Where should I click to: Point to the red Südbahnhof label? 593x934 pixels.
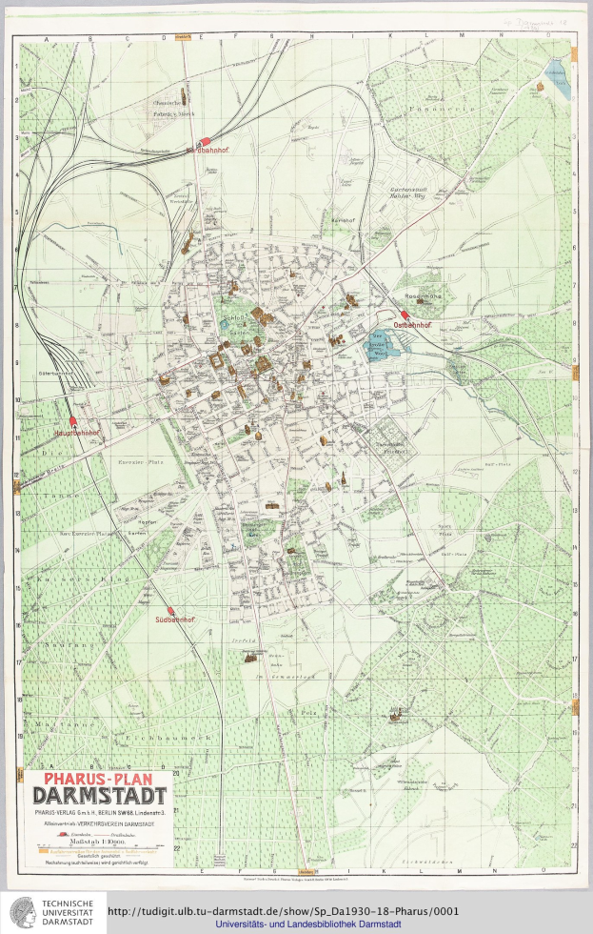(174, 619)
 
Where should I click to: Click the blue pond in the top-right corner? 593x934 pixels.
(555, 72)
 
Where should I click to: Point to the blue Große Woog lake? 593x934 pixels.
(386, 343)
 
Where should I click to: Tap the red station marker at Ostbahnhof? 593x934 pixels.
(405, 315)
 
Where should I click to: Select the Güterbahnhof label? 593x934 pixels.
(50, 373)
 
